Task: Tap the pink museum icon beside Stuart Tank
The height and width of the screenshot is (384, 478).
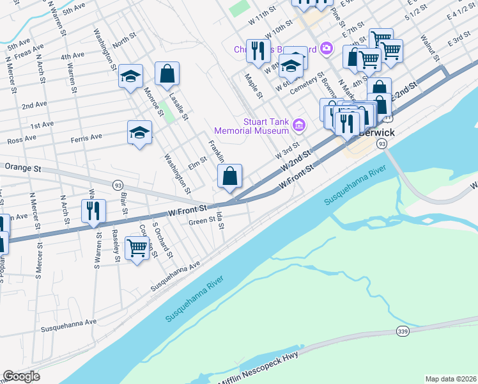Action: (298, 124)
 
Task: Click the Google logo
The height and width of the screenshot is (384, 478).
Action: (21, 376)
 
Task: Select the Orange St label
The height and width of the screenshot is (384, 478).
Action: (22, 168)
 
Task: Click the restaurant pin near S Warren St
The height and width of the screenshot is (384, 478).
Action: (93, 211)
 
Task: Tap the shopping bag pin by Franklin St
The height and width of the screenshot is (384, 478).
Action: (229, 175)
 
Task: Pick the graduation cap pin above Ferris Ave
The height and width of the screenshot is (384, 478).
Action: (140, 132)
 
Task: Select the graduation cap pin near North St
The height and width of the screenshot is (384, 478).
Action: (130, 77)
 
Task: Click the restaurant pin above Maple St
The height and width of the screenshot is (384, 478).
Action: (258, 50)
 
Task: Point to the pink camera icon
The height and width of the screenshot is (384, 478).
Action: (327, 48)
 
